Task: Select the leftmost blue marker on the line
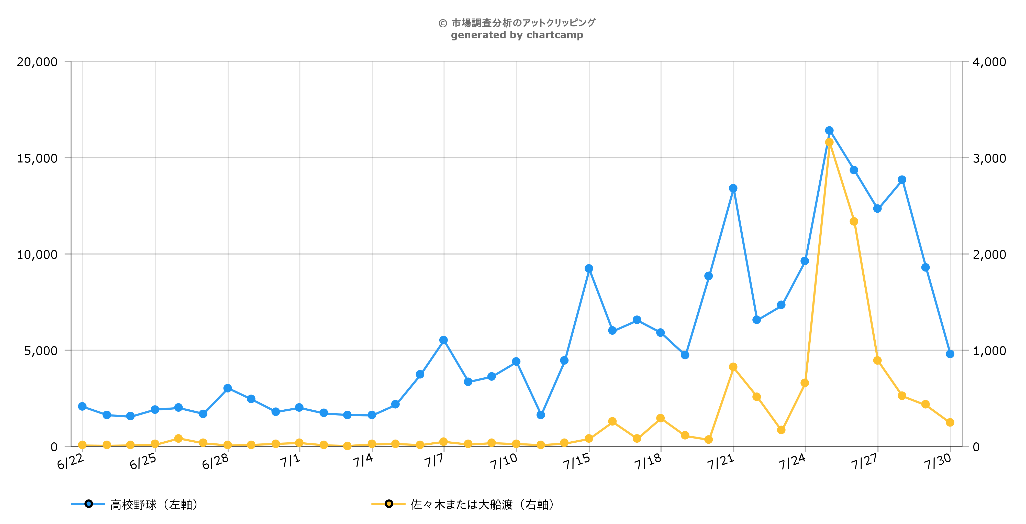(x=82, y=406)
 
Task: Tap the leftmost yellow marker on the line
(x=82, y=445)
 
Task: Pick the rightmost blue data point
(x=950, y=354)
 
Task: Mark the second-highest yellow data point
(x=854, y=221)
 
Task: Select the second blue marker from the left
(x=107, y=415)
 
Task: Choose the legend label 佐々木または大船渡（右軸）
(x=482, y=505)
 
